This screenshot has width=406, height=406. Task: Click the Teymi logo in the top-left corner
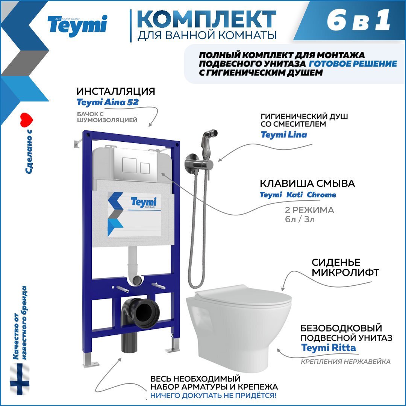[77, 26]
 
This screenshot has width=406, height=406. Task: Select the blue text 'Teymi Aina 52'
[107, 102]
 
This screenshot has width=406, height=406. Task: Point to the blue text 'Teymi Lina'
[284, 135]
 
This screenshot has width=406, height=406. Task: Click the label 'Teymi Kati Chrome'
[298, 195]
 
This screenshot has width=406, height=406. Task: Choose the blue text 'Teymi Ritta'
[328, 348]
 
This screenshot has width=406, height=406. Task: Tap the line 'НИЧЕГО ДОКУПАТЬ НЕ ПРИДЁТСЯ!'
[213, 395]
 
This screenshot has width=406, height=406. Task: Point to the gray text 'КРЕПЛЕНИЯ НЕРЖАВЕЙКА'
[345, 362]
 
